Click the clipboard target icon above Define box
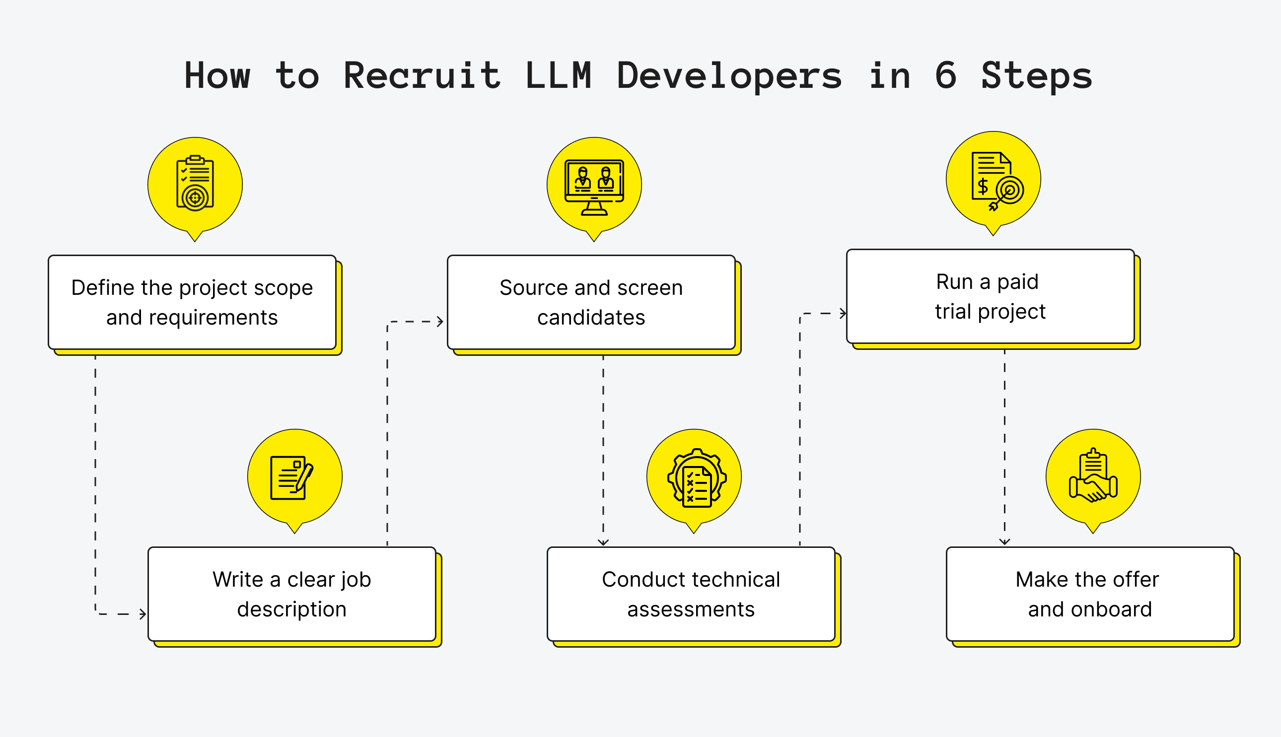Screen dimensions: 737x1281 pyautogui.click(x=195, y=183)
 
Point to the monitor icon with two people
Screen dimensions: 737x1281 pyautogui.click(x=594, y=186)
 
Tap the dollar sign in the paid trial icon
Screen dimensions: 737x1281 pyautogui.click(x=982, y=187)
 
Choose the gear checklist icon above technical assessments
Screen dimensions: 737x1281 pyautogui.click(x=697, y=478)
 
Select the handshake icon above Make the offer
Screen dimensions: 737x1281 pyautogui.click(x=1093, y=476)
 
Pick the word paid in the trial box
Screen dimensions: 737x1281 pyautogui.click(x=1017, y=282)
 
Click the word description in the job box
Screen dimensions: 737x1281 pyautogui.click(x=291, y=609)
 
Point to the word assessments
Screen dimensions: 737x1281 pyautogui.click(x=691, y=609)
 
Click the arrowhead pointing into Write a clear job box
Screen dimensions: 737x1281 pyautogui.click(x=143, y=614)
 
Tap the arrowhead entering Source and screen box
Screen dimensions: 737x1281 pyautogui.click(x=440, y=322)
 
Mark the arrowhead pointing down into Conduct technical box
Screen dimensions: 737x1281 pyautogui.click(x=603, y=542)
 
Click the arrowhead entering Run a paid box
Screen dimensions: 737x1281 pyautogui.click(x=843, y=313)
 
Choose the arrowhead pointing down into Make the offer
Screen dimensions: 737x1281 pyautogui.click(x=1004, y=541)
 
